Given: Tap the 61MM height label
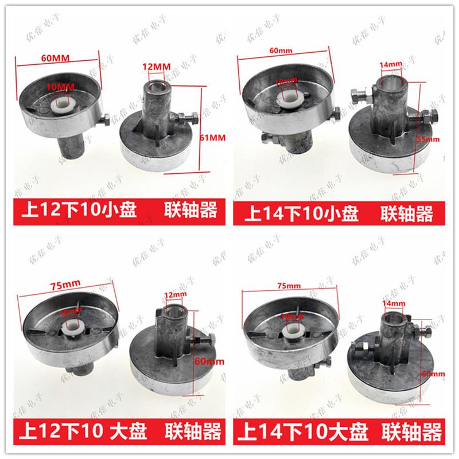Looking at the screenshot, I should (x=213, y=137).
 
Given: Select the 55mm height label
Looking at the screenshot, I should (x=427, y=139).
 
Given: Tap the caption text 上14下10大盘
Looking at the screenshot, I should (x=303, y=430).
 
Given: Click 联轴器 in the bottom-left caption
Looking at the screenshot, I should (x=190, y=430).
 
